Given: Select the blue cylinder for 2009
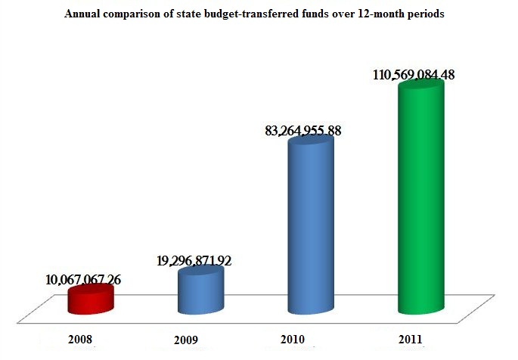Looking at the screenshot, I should [x=200, y=293].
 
